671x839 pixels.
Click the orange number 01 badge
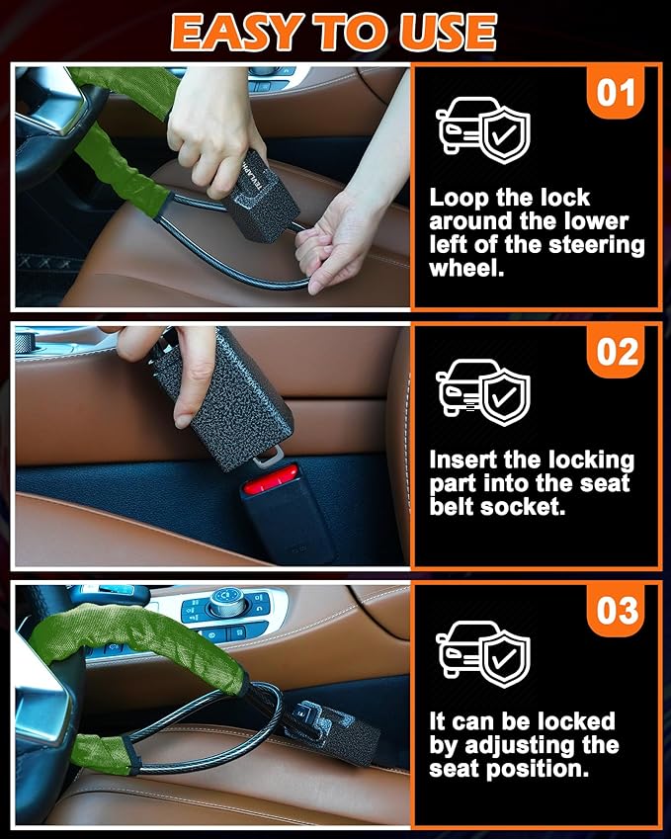(x=617, y=94)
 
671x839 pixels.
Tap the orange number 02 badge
(x=618, y=352)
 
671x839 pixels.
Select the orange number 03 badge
(x=618, y=610)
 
